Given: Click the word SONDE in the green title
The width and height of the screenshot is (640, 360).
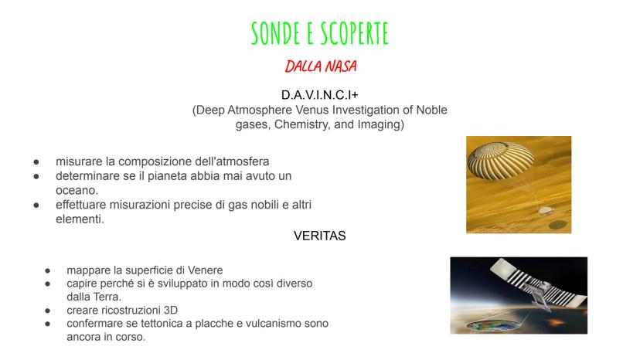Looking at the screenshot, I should (276, 33).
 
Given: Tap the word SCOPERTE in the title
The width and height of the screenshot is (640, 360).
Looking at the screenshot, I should (353, 33).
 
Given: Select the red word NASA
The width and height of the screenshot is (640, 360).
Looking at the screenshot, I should (340, 66).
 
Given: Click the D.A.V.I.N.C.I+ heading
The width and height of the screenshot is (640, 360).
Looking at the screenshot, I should (319, 95).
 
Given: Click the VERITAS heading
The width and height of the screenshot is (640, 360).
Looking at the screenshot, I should (319, 236).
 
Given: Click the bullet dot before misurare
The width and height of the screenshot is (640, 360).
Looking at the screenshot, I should (36, 162).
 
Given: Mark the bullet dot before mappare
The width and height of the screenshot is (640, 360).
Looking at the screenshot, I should (48, 270).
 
